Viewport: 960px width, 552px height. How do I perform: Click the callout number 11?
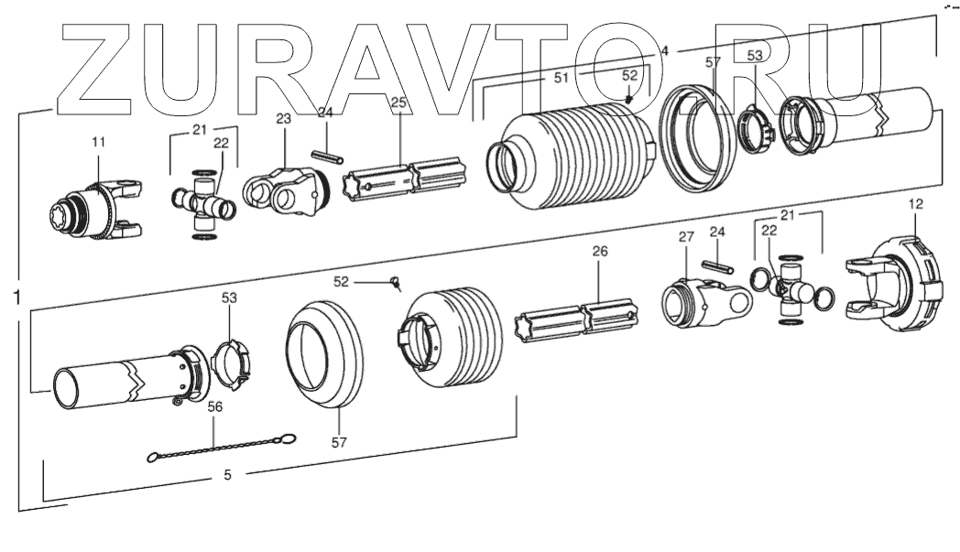pyautogui.click(x=98, y=143)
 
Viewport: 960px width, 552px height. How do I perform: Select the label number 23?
pyautogui.click(x=282, y=118)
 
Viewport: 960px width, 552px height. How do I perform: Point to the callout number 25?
pyautogui.click(x=398, y=103)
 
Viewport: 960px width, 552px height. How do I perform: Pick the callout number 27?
pyautogui.click(x=687, y=237)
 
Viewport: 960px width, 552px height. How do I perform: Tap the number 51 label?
pyautogui.click(x=562, y=80)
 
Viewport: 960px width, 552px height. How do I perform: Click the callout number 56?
pyautogui.click(x=214, y=408)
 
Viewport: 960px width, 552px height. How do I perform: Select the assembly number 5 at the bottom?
pyautogui.click(x=228, y=475)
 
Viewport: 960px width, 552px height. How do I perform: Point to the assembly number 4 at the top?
pyautogui.click(x=664, y=52)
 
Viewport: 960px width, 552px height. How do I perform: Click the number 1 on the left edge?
pyautogui.click(x=17, y=296)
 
